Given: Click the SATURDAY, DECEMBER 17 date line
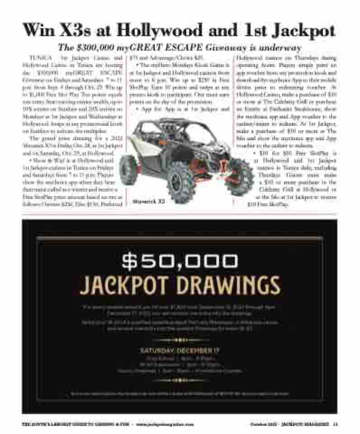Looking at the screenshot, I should coord(180,351).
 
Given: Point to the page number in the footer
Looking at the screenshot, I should coord(335,424).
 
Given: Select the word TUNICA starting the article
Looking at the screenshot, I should coord(38,58).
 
